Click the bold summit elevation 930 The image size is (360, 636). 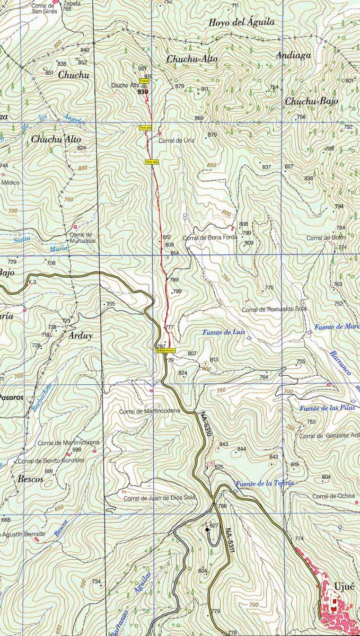coord(142,92)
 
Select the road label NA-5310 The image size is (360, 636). coord(207,425)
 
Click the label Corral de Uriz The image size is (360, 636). coord(177,140)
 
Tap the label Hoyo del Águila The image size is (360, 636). coord(241,22)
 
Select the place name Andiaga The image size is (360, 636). coord(293,55)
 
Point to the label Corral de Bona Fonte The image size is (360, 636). coord(210,238)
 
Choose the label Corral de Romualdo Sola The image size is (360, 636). coord(274,309)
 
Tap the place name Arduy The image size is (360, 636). coord(81,335)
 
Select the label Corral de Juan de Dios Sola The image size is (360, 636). coord(160,498)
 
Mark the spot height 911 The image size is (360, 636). coord(205,89)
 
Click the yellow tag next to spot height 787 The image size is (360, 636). coord(165,350)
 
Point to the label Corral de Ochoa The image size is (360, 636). coord(333,496)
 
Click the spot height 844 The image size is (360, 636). coord(242,449)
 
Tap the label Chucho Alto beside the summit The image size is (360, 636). coord(125,85)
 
